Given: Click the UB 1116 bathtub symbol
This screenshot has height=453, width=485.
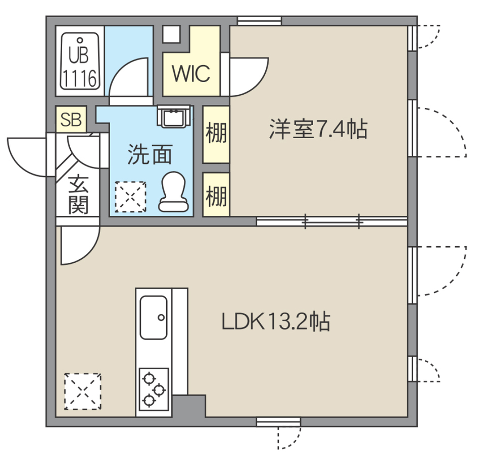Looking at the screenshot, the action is coord(80,61).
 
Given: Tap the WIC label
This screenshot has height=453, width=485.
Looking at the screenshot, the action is coord(191,74).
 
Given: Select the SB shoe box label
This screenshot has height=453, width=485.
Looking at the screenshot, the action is coord(71,120).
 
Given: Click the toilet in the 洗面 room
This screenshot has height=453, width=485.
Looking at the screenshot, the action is coord(173,192).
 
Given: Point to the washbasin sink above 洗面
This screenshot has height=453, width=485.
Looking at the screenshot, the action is coord(173,117).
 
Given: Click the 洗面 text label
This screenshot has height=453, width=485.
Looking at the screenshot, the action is coord(150,154).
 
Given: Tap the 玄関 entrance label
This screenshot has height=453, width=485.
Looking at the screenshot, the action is coord(78,195).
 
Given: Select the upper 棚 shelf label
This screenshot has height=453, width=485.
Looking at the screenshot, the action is coord(216,133).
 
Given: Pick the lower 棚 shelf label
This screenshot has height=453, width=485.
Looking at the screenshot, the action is coord(216,195).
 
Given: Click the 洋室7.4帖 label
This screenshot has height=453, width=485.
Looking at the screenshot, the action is coord(318,129).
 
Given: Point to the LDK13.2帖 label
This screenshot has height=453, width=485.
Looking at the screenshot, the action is coord(276,321).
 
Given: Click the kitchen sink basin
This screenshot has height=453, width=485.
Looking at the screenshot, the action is coord(154,317).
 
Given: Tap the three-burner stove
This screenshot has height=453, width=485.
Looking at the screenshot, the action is coord(154,389).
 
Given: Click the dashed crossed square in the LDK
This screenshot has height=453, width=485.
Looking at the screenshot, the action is coord(83,391).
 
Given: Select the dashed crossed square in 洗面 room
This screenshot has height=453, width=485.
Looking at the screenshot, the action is coord(130,197).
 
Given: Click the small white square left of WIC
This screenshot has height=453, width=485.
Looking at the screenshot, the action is coord(171,34).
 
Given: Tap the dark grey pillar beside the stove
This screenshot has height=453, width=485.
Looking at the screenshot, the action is coord(189,406).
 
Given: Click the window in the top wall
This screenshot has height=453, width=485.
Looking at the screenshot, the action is coord(259,21).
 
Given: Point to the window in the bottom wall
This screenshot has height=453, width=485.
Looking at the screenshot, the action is coord(278,422).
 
